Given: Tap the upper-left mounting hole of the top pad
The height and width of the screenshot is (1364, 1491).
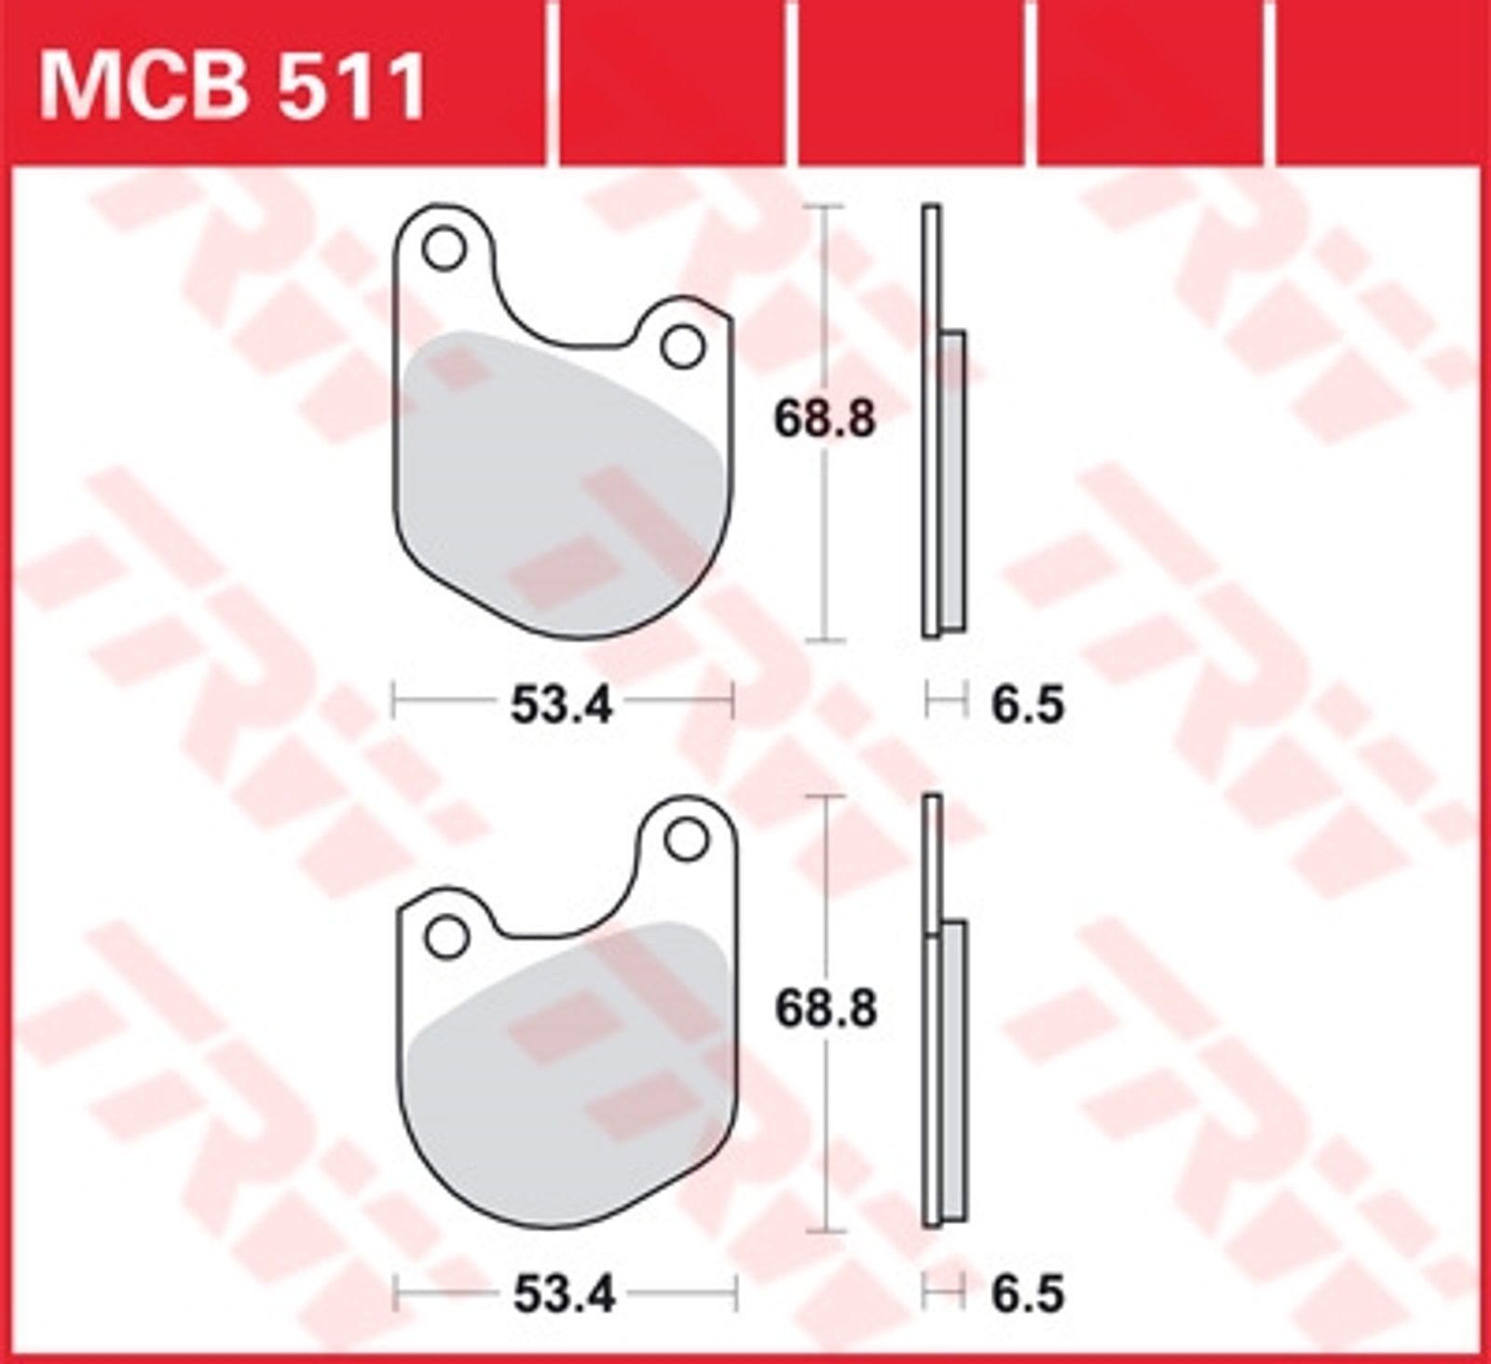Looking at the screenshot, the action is click(x=444, y=249).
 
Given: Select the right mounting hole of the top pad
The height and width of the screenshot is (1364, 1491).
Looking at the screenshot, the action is click(x=683, y=347).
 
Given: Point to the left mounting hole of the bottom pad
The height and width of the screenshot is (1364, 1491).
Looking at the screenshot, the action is click(x=446, y=936).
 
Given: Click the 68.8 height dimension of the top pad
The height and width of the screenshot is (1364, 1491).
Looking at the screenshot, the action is click(x=825, y=419).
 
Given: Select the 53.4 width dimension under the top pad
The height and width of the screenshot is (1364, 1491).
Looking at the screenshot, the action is click(x=562, y=704).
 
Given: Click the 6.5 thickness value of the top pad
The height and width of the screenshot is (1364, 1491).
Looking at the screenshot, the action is click(x=1027, y=704).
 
